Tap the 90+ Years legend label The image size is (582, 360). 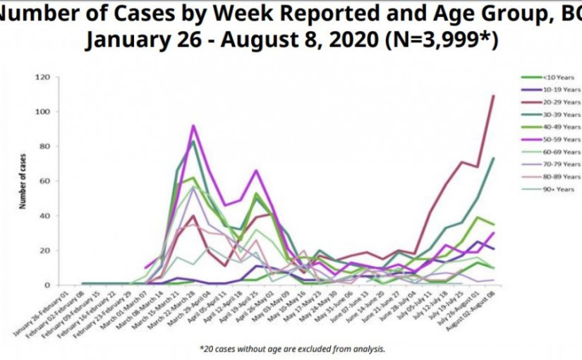click(553, 189)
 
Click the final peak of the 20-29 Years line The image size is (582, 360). click(492, 95)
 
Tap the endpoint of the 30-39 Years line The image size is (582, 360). click(492, 158)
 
